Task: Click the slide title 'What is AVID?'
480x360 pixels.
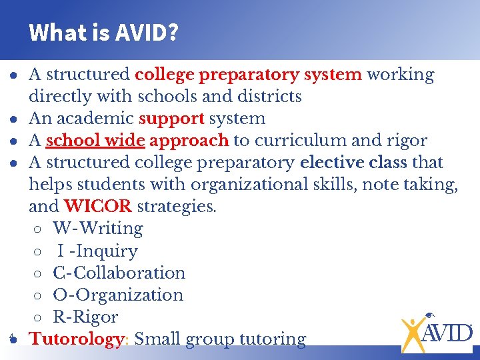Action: [x=103, y=32]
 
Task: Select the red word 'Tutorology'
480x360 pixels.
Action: [x=77, y=339]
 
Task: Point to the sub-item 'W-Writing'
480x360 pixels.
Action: [x=98, y=229]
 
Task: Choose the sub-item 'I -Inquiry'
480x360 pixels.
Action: [x=97, y=251]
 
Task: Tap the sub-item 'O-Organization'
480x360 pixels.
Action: [x=118, y=295]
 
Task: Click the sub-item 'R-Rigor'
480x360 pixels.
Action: [x=85, y=317]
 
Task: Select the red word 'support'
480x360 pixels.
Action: [x=171, y=119]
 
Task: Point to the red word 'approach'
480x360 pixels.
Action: [x=189, y=141]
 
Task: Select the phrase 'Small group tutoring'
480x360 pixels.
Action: [x=220, y=339]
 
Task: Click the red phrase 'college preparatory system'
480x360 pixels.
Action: [x=248, y=75]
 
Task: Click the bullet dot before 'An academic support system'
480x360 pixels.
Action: [x=13, y=119]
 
